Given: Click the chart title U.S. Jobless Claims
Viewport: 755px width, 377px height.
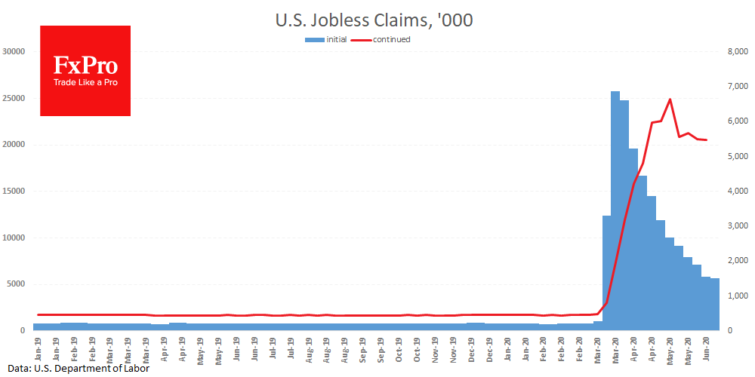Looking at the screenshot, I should tap(374, 20).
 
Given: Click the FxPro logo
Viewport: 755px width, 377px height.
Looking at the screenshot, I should tap(85, 71).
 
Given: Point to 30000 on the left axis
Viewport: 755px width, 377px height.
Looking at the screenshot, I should tap(15, 51).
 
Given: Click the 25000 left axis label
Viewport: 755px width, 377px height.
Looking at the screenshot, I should tap(15, 98).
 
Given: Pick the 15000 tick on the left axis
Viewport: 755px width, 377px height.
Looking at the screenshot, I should tap(15, 192).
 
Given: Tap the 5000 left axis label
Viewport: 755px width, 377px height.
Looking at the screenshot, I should tap(17, 284).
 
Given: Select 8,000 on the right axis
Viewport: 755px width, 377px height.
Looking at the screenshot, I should tap(735, 51).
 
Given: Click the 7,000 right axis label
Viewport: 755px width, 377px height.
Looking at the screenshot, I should tap(735, 87).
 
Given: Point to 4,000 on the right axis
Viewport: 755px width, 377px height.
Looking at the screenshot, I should tap(735, 192).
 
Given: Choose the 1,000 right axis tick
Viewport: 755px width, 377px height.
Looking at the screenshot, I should tap(735, 296).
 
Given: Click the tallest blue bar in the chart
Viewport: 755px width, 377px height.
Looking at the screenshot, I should tap(615, 211).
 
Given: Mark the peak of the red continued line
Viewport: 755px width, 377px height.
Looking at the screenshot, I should tap(670, 99).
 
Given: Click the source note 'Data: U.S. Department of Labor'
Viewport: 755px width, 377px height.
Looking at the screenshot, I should tap(74, 369).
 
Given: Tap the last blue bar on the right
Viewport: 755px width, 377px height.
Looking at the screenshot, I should tap(714, 305).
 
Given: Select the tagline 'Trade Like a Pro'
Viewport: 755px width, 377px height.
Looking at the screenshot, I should tap(85, 82).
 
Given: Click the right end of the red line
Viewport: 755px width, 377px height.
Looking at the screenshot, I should tap(706, 140).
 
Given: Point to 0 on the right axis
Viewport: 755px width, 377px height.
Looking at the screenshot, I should tap(729, 331).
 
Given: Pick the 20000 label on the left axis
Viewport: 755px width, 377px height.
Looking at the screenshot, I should tap(15, 145).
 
